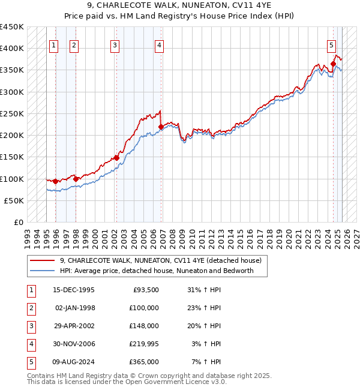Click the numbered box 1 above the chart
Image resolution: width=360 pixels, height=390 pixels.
[x=54, y=44]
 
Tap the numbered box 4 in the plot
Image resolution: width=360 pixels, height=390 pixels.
[x=158, y=44]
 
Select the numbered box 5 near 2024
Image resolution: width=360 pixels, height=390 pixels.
[x=331, y=44]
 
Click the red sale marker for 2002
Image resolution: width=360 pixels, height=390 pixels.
[x=116, y=158]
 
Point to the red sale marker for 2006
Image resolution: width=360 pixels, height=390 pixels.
[x=161, y=127]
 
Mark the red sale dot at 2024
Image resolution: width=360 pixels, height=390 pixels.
[x=333, y=64]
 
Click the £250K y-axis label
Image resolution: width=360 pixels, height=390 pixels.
[x=12, y=113]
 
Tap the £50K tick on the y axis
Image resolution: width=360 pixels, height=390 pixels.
[x=14, y=200]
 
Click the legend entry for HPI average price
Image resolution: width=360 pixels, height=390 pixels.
[x=157, y=271]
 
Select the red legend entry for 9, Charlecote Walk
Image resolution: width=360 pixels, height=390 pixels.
[x=160, y=261]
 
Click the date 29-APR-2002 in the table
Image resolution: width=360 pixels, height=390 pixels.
[x=74, y=326]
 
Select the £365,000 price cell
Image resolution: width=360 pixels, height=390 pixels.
[x=145, y=362]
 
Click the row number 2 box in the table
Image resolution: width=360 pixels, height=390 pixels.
[x=31, y=308]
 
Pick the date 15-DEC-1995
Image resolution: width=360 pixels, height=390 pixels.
[x=74, y=290]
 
